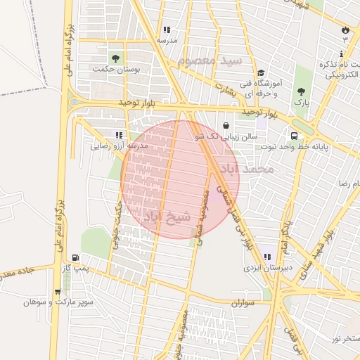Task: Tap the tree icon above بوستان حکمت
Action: tap(115, 58)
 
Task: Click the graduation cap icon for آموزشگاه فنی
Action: tap(261, 73)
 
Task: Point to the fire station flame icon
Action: tap(345, 30)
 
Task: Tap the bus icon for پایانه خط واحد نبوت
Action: tap(293, 136)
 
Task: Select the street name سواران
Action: tap(243, 302)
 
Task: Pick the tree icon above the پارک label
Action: tap(301, 91)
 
